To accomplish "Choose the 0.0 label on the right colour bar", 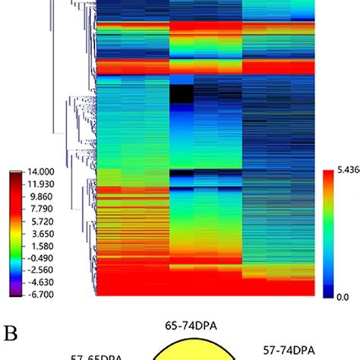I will click(x=343, y=298).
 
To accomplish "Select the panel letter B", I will click(x=10, y=333).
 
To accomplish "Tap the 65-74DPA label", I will click(x=192, y=327).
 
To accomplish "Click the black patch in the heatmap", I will click(x=182, y=95).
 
